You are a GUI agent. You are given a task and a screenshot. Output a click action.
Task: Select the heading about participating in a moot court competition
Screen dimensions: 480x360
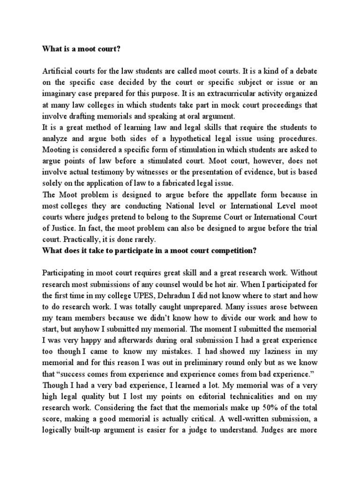tap(150, 250)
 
